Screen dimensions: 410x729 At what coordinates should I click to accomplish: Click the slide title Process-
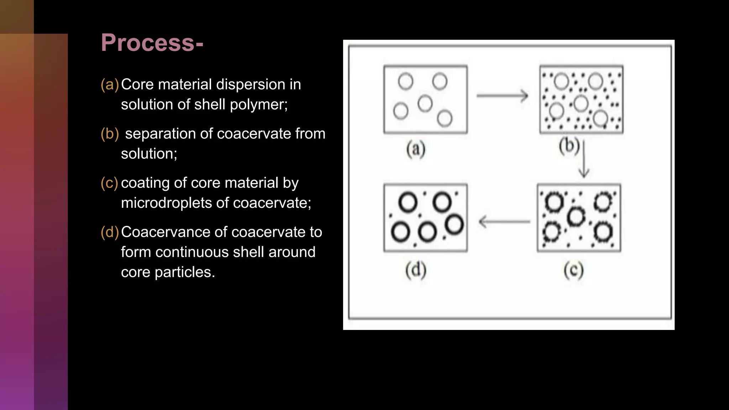[152, 43]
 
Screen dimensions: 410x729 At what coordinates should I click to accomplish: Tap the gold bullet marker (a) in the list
[110, 85]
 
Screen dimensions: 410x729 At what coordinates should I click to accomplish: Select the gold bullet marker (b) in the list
[110, 134]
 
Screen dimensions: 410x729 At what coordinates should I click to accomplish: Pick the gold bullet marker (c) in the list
[109, 183]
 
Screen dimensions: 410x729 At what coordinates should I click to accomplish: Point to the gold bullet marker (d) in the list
[110, 232]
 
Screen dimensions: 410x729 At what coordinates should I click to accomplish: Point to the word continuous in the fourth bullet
[210, 252]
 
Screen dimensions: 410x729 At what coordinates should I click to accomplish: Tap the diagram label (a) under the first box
[416, 149]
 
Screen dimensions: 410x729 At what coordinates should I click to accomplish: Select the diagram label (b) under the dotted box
[569, 146]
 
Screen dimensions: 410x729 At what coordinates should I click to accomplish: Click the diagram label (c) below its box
[573, 270]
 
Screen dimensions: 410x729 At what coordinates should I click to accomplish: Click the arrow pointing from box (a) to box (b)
[502, 95]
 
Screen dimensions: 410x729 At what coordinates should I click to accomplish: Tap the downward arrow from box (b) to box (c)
[584, 159]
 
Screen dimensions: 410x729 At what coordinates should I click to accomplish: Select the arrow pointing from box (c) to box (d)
[504, 222]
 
